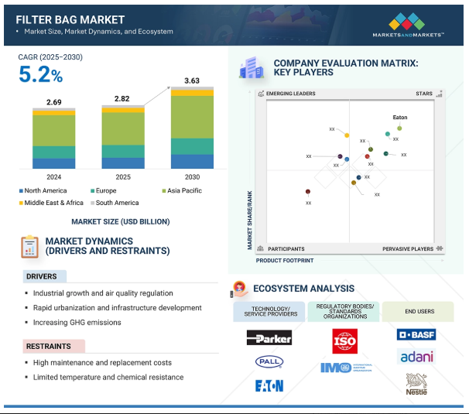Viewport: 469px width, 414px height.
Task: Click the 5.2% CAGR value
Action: (x=41, y=76)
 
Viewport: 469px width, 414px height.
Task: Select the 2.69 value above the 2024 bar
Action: (x=53, y=101)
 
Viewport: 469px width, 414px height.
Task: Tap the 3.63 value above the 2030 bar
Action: (x=192, y=80)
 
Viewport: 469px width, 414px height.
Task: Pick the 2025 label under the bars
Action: (x=122, y=176)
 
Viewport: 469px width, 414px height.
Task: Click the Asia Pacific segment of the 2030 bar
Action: (x=192, y=116)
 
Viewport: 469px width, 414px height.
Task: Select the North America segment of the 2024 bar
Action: (x=53, y=163)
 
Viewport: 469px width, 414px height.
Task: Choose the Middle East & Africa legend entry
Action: (x=51, y=203)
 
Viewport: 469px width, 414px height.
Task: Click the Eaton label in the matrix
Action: (x=400, y=118)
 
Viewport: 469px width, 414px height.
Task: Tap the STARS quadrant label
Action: (x=424, y=94)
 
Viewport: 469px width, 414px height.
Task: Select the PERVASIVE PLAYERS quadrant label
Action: (x=408, y=249)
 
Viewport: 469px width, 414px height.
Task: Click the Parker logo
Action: (x=269, y=337)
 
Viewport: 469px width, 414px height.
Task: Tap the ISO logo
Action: (x=344, y=340)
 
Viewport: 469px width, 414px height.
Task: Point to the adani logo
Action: (x=416, y=357)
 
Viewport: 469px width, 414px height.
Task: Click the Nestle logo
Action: (x=416, y=383)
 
